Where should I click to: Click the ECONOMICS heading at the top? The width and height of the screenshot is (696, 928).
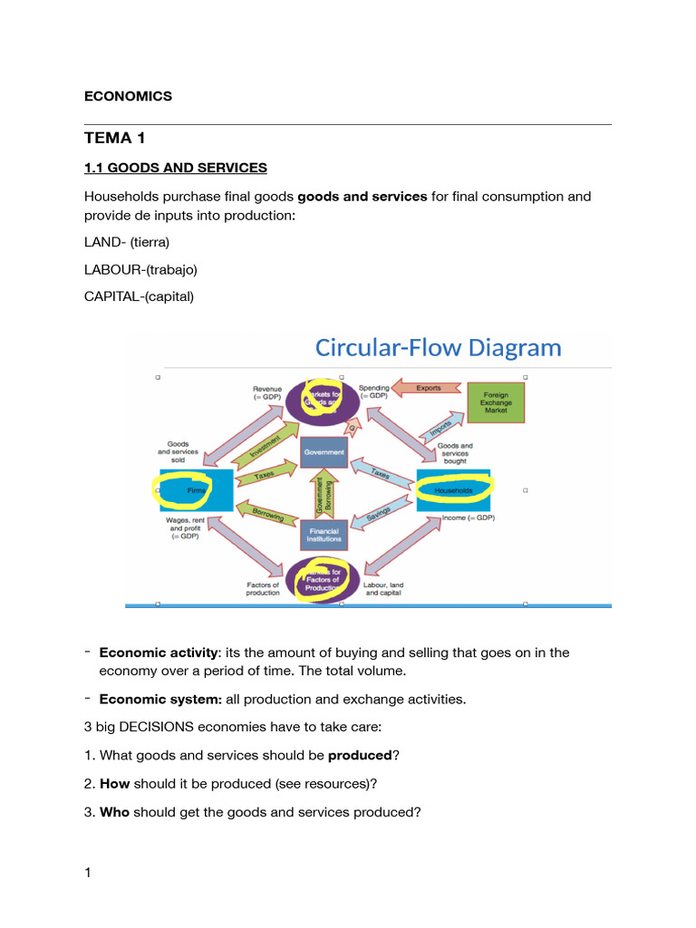coord(128,96)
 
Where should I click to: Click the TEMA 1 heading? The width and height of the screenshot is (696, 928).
coord(114,138)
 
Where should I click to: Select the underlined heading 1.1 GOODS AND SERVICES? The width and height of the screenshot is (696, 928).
coord(175,168)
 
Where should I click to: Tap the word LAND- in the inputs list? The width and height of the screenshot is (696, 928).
coord(104,242)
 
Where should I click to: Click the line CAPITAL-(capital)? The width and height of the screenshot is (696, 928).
coord(139,296)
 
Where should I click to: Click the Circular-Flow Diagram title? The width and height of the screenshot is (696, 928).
coord(438,347)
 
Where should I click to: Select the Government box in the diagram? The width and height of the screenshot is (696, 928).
coord(324,451)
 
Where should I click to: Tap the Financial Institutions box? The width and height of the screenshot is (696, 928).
coord(324,535)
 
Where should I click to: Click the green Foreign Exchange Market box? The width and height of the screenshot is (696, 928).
coord(496,402)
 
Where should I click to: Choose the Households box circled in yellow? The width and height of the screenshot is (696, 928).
coord(453,489)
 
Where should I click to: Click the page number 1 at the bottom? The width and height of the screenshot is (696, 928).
coord(88,873)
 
